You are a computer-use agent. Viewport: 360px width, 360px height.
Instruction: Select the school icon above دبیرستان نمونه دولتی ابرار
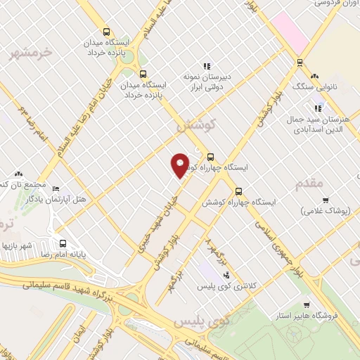click(207, 66)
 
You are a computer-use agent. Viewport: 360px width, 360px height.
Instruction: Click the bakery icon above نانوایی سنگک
click(314, 75)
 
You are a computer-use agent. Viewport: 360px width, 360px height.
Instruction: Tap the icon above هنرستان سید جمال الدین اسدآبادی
click(318, 108)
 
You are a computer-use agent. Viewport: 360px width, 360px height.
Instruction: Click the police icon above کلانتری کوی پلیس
click(226, 275)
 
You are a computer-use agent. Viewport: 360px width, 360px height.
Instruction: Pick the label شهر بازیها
click(18, 246)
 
